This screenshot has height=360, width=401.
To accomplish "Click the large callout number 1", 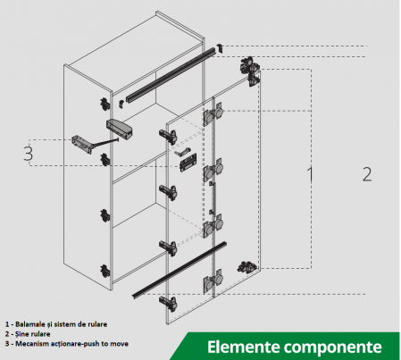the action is tap(310, 174).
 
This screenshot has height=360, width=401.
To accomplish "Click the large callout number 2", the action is tap(367, 174).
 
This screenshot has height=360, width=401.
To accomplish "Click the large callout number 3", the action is tap(29, 154).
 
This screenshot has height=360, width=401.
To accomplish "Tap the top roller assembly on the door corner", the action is tap(250, 71).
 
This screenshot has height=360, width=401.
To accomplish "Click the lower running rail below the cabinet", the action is tap(180, 270).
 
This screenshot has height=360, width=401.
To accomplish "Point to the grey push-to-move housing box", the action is tap(120, 129).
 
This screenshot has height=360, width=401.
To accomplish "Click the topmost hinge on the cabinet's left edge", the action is tap(104, 104).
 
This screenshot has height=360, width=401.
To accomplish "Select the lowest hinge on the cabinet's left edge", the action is tap(104, 271).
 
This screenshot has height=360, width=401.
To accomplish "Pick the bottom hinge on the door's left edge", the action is tap(169, 303).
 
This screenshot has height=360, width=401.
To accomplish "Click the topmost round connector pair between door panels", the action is tap(213, 114).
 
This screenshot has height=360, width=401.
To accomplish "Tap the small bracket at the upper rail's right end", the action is tap(220, 47).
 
